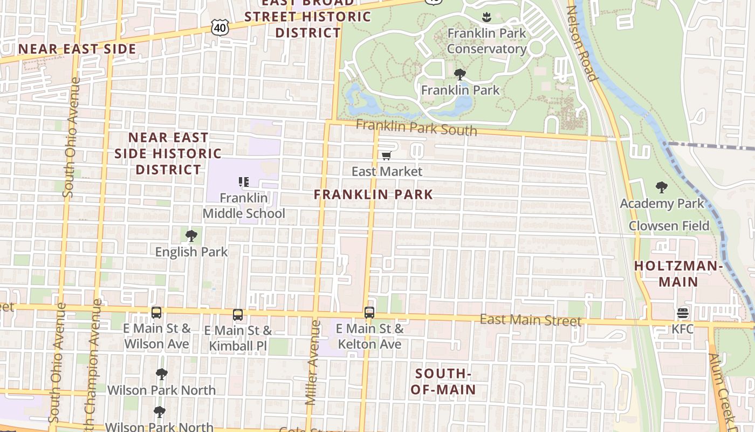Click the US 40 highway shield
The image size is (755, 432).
pyautogui.click(x=221, y=27)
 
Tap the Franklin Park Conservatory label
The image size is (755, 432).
pyautogui.click(x=486, y=41)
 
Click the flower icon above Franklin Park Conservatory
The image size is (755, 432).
pyautogui.click(x=486, y=17)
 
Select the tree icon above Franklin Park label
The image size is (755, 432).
pyautogui.click(x=460, y=74)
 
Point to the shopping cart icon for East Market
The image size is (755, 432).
pyautogui.click(x=386, y=156)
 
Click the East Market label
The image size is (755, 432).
pyautogui.click(x=387, y=171)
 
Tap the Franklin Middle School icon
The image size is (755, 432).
pyautogui.click(x=244, y=182)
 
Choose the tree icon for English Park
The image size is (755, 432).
pyautogui.click(x=191, y=236)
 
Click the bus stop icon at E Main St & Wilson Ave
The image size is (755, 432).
pyautogui.click(x=156, y=312)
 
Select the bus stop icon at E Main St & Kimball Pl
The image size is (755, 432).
pyautogui.click(x=238, y=314)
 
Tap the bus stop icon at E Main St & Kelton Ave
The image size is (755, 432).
pyautogui.click(x=369, y=312)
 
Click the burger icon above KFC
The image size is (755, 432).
pyautogui.click(x=683, y=313)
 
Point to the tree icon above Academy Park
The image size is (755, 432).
pyautogui.click(x=662, y=187)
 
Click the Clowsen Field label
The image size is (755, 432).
pyautogui.click(x=669, y=226)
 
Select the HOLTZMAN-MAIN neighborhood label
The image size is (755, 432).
pyautogui.click(x=678, y=273)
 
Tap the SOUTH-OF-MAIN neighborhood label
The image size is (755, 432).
pyautogui.click(x=443, y=381)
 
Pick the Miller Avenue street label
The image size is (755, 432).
pyautogui.click(x=313, y=362)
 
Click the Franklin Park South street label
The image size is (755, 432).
pyautogui.click(x=416, y=128)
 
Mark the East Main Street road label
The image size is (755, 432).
pyautogui.click(x=531, y=320)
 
